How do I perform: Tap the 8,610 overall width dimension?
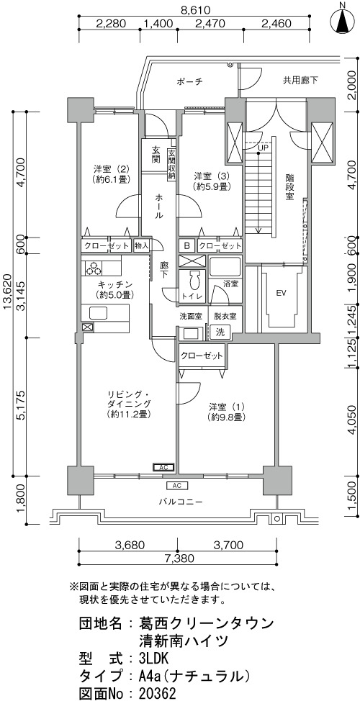[194, 9]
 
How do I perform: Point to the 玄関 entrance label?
[156, 154]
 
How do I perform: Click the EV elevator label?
[281, 293]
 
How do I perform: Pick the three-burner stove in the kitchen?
[94, 268]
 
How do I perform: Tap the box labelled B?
[187, 245]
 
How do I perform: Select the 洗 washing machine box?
[220, 333]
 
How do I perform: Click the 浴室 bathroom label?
[231, 284]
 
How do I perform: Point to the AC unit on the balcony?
[176, 486]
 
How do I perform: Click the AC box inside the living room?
[163, 468]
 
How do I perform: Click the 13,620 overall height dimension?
[7, 294]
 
